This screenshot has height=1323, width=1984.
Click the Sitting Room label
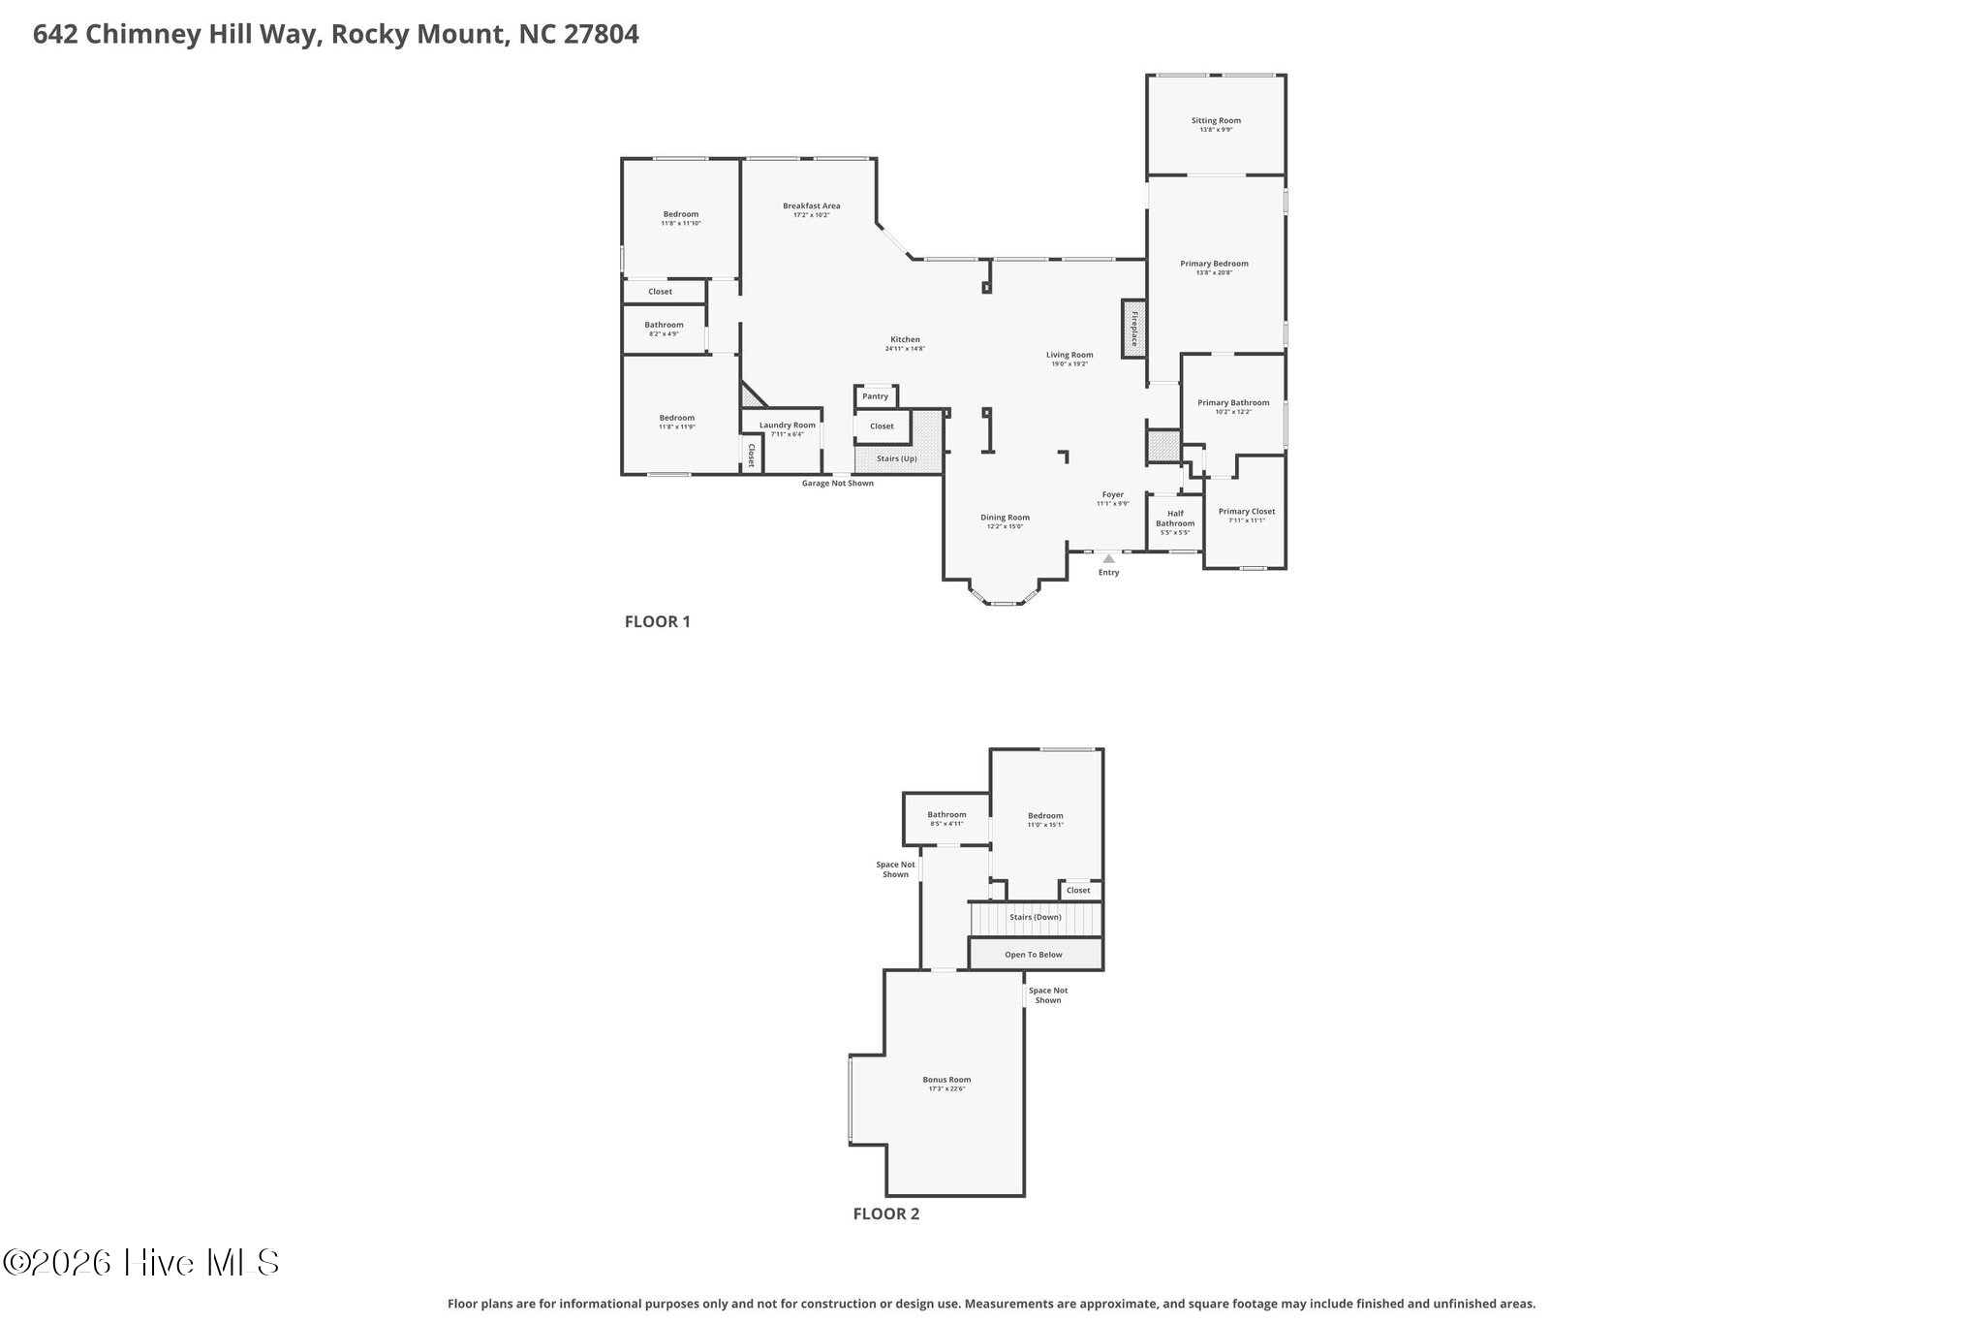click(1216, 121)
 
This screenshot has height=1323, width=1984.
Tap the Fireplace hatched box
click(1132, 329)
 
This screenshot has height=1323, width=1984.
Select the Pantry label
click(875, 396)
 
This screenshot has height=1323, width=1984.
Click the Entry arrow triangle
click(1108, 559)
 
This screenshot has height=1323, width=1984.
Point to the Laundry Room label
click(787, 425)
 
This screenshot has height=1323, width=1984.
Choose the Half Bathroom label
click(1174, 519)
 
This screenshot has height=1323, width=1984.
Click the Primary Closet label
click(1246, 512)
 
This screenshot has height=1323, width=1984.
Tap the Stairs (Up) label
click(896, 458)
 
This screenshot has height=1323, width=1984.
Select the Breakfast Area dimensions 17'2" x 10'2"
click(811, 215)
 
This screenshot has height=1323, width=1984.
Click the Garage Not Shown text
click(837, 484)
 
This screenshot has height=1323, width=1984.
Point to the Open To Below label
click(1033, 955)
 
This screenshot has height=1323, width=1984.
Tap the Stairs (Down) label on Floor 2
click(1035, 917)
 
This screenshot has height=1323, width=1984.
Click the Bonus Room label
click(945, 1080)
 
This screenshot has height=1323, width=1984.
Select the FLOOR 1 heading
click(657, 622)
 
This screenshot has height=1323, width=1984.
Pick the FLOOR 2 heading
click(885, 1213)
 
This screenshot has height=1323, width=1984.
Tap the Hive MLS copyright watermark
click(141, 1262)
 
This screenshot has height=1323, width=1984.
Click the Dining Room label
click(1005, 518)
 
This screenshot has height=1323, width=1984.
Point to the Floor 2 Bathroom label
click(945, 815)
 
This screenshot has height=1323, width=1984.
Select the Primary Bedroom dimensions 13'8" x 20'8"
click(1214, 273)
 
